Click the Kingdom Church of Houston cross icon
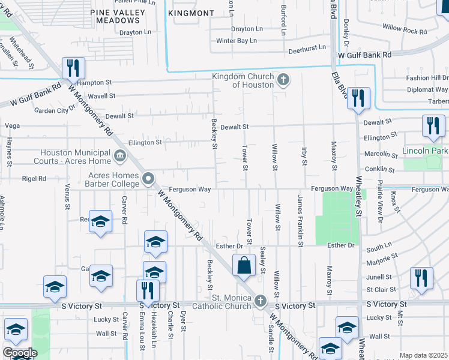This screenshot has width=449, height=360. (x=283, y=79)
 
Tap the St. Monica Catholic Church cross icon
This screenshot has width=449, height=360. (x=260, y=301)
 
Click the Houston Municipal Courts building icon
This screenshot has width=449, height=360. (x=120, y=157)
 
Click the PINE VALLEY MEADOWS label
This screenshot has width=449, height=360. (x=119, y=16)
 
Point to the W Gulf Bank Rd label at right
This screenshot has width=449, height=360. (x=364, y=55)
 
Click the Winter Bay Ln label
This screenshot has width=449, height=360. (x=237, y=41)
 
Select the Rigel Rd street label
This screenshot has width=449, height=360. (x=34, y=178)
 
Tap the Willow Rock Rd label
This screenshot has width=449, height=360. (x=405, y=29)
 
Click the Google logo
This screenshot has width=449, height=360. (x=20, y=353)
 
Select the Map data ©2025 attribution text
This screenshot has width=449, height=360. (x=424, y=355)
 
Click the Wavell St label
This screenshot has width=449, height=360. (x=101, y=95)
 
